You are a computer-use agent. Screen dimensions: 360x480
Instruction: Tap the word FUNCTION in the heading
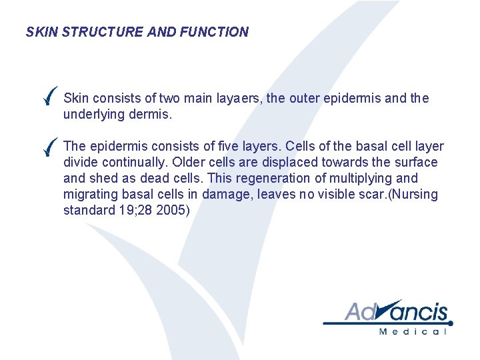pos(214,32)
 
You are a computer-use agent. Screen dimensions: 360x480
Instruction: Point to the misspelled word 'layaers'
pos(239,99)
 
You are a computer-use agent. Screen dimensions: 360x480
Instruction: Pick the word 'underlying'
pos(92,115)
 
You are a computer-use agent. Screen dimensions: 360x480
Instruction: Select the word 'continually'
pos(131,163)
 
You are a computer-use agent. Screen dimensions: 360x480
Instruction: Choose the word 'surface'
pos(416,163)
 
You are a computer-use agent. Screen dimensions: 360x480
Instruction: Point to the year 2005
pos(174,211)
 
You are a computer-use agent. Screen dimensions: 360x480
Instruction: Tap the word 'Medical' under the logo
pos(411,331)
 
